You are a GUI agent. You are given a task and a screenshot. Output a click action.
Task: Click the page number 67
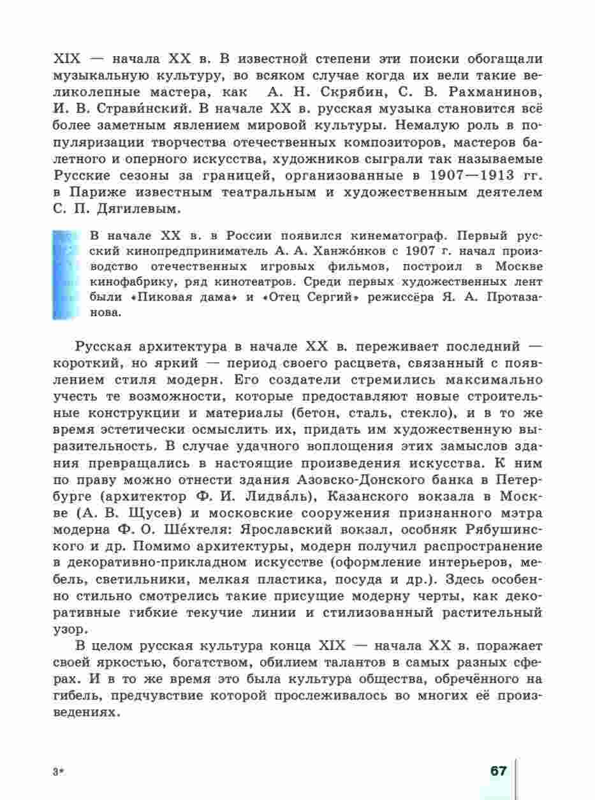[498, 771]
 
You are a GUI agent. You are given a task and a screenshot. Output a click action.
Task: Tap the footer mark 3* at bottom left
[59, 772]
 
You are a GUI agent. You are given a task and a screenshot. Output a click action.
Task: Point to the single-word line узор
[65, 628]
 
